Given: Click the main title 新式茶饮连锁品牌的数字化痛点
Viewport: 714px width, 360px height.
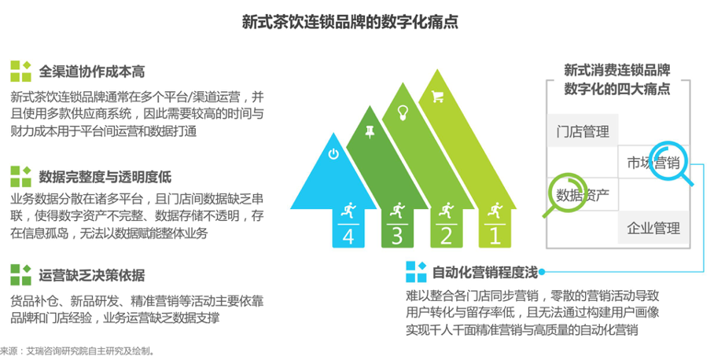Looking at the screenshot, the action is (x=350, y=21).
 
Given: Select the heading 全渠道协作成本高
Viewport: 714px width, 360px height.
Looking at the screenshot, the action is (x=91, y=72).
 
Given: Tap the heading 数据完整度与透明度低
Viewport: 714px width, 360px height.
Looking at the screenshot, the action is (x=105, y=177).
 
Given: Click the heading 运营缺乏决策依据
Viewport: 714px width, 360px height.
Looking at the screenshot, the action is (x=91, y=275).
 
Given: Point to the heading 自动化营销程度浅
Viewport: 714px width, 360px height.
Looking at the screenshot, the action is (x=484, y=272).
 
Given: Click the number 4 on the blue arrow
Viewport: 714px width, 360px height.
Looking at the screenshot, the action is (x=348, y=237).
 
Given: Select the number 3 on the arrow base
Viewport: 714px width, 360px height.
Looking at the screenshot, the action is (x=397, y=237).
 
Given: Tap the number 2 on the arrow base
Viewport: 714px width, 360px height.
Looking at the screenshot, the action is (x=446, y=237).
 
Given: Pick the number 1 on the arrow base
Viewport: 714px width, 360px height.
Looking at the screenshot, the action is (x=495, y=237).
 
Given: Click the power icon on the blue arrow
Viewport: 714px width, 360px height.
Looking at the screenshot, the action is (x=333, y=154).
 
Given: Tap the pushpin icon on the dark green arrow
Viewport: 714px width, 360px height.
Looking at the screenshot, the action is (x=370, y=132).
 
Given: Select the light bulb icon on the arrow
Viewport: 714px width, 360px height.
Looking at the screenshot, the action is (x=403, y=112).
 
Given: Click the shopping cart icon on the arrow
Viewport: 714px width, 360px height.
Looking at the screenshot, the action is (x=437, y=97).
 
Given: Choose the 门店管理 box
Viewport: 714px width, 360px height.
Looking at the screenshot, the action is (x=583, y=131).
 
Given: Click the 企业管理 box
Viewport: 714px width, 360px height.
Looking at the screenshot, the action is (x=653, y=228).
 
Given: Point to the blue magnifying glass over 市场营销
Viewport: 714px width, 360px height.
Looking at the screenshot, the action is (x=669, y=163).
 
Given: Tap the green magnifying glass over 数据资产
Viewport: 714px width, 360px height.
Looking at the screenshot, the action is (x=565, y=195).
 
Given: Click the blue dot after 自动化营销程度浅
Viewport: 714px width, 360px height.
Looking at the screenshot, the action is (x=542, y=272).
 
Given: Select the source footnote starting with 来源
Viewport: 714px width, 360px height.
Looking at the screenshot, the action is (x=78, y=351).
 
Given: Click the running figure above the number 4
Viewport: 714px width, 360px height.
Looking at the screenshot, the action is (x=348, y=211).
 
